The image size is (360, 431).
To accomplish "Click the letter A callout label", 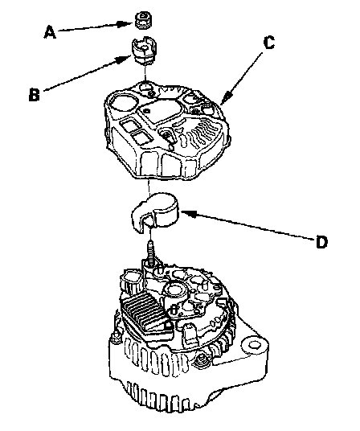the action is pos(50,32).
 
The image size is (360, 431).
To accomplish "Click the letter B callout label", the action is pos(35,95).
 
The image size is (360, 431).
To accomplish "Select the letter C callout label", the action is pos(268,43).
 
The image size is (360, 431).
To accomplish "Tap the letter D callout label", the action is pos(321,242).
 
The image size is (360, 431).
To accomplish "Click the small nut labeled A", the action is pos(143,20).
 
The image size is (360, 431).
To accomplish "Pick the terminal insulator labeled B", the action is pos(144,51).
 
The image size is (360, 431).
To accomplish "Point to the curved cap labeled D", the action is pos(154,212).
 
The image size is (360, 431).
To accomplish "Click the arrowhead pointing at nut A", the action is pos(126,23).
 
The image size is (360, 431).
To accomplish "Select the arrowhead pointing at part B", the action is pos(124,59).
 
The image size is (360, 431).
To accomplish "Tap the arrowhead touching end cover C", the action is pos(226,98).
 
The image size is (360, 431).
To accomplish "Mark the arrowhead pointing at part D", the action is pos(188,213).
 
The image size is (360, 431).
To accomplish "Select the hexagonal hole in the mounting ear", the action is pos(254,345).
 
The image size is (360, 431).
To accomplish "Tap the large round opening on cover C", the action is pos(122,104).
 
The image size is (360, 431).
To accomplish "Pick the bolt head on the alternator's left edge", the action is pos(114,337).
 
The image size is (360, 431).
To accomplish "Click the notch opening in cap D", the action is pos(148,221).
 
